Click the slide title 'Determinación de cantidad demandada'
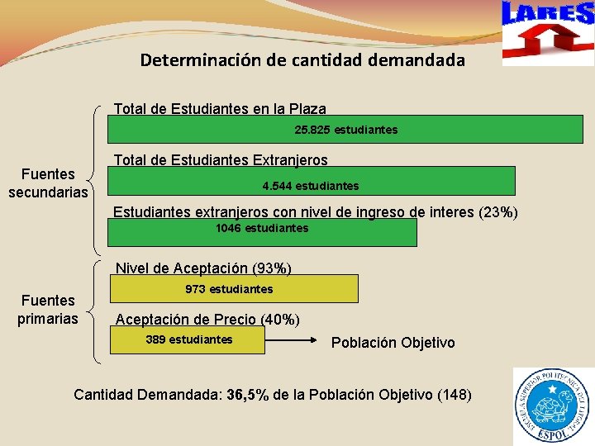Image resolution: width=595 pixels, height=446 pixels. pyautogui.click(x=302, y=60)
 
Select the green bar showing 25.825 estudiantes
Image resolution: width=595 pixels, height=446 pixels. pyautogui.click(x=346, y=130)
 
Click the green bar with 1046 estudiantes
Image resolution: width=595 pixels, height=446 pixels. pyautogui.click(x=262, y=232)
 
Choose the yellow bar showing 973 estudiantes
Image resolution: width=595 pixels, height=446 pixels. pyautogui.click(x=234, y=289)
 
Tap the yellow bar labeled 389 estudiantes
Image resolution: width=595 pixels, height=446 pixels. pyautogui.click(x=189, y=340)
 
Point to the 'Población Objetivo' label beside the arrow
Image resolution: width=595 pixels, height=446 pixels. pyautogui.click(x=393, y=343)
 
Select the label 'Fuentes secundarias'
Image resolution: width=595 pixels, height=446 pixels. pyautogui.click(x=49, y=183)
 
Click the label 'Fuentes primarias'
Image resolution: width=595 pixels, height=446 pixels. pyautogui.click(x=48, y=310)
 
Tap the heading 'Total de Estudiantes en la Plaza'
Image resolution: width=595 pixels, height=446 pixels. pyautogui.click(x=220, y=109)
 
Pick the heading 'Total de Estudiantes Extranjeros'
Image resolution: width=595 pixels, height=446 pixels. pyautogui.click(x=221, y=160)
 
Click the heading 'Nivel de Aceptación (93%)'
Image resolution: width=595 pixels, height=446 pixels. pyautogui.click(x=203, y=268)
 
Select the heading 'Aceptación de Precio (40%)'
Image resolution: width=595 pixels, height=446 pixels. pyautogui.click(x=207, y=320)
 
